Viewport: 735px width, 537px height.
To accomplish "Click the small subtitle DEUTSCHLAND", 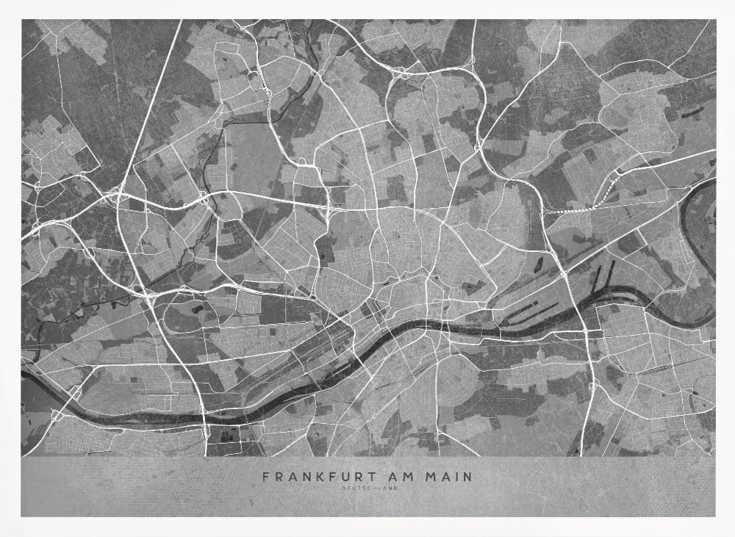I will [x=367, y=490].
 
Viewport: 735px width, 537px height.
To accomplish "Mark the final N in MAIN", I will [x=468, y=477].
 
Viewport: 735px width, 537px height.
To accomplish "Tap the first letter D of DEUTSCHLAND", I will [x=343, y=490].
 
